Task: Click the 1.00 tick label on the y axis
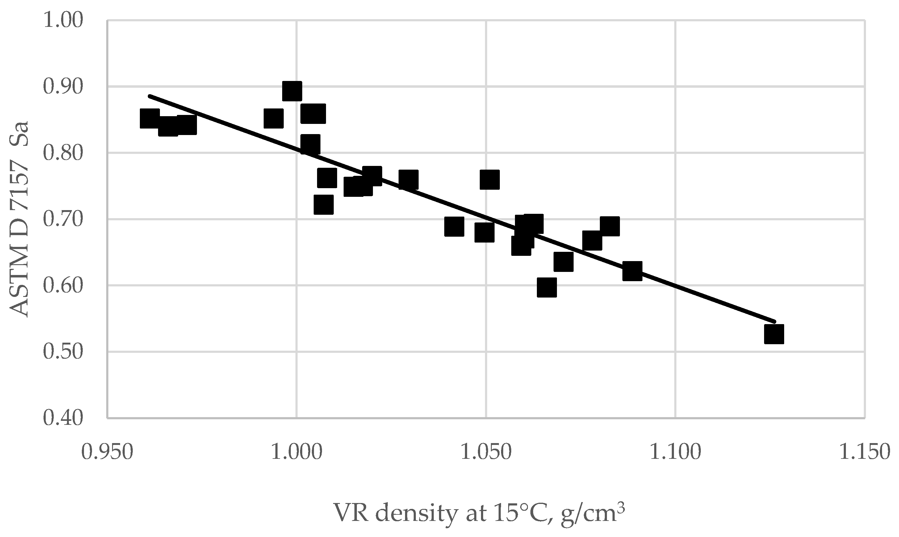(x=63, y=21)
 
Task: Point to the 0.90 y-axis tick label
(x=63, y=87)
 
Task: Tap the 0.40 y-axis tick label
(x=63, y=418)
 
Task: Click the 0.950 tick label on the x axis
(x=107, y=452)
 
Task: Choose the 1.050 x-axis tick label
(x=486, y=452)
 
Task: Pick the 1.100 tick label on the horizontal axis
(x=675, y=452)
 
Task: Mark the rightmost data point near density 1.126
(x=774, y=334)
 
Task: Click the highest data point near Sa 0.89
(x=292, y=91)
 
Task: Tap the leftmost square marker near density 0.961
(x=149, y=118)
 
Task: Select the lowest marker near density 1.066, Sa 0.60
(x=546, y=288)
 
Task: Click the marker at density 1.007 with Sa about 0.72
(x=324, y=205)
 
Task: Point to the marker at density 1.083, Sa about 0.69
(x=610, y=226)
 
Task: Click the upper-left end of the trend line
(x=149, y=96)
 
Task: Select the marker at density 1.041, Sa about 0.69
(x=454, y=227)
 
